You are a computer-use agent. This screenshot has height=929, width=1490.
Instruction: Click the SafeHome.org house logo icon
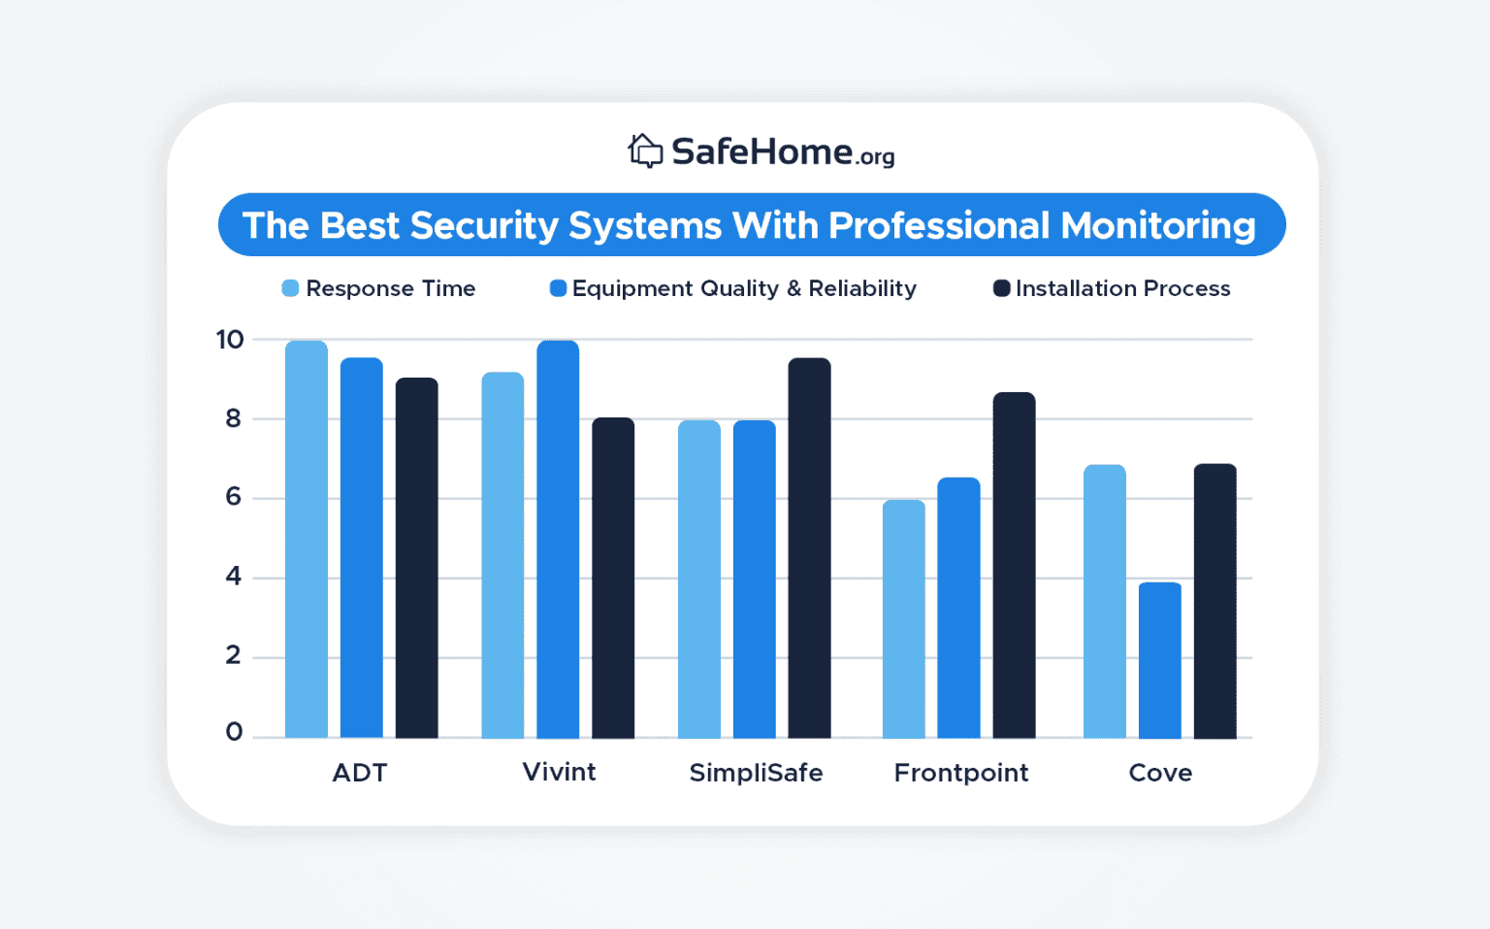coord(645,151)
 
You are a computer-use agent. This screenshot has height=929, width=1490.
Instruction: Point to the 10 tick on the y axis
coord(231,340)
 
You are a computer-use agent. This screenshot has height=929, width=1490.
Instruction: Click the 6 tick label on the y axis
coord(233,497)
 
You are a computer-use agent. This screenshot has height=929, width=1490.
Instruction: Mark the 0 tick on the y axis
coord(234,732)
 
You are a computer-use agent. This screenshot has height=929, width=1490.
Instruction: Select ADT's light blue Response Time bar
coord(307,540)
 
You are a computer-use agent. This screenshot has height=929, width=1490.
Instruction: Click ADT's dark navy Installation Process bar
coord(416,558)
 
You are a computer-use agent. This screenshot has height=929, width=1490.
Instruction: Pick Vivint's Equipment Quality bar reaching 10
coord(558,540)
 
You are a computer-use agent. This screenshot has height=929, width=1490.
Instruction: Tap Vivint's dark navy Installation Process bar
coord(613,579)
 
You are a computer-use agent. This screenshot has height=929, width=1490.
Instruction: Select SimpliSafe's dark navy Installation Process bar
coord(809,548)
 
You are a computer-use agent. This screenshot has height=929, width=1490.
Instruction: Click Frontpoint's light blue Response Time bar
coord(903,619)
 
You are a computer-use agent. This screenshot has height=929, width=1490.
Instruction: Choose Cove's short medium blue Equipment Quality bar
coord(1159,660)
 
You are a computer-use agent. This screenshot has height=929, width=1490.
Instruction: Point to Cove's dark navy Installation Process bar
coord(1215,601)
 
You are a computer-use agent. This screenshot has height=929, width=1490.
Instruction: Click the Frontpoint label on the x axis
coord(960,773)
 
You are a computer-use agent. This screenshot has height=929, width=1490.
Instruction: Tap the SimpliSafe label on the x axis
coord(756,773)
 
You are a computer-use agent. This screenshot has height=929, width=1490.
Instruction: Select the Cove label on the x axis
coord(1160,773)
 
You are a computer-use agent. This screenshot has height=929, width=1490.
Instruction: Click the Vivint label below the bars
coord(559,772)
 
